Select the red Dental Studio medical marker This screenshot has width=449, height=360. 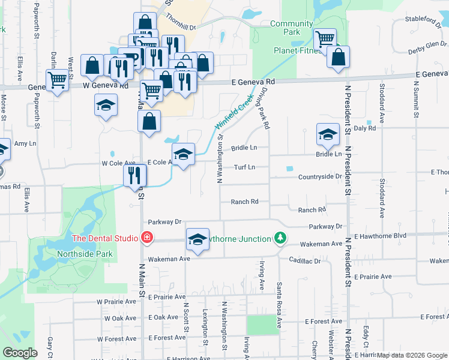click(145, 238)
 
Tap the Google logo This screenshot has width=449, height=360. click(20, 353)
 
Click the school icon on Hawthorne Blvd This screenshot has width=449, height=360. click(197, 239)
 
